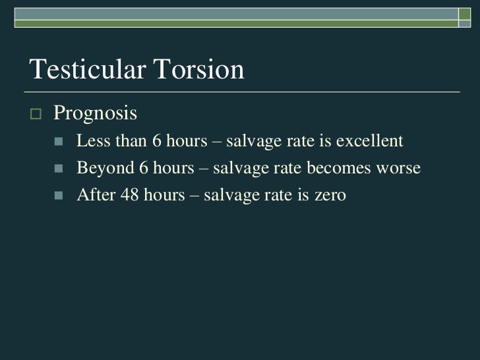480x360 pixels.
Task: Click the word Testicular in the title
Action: click(86, 69)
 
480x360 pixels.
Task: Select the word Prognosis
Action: click(95, 113)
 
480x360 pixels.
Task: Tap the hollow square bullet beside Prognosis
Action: click(36, 113)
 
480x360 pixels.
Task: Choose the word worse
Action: click(397, 168)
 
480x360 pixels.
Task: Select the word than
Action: click(125, 141)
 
